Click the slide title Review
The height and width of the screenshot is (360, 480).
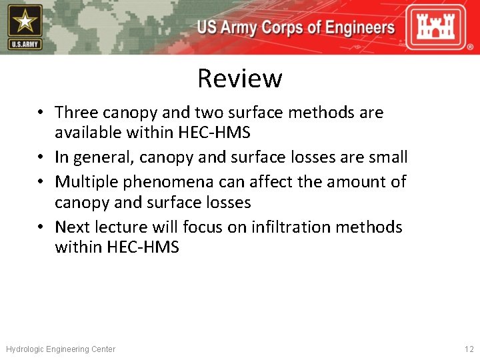239,79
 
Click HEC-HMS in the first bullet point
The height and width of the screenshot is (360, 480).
214,133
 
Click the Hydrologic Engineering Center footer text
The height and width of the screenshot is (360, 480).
61,349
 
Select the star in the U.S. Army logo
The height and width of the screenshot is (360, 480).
25,21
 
